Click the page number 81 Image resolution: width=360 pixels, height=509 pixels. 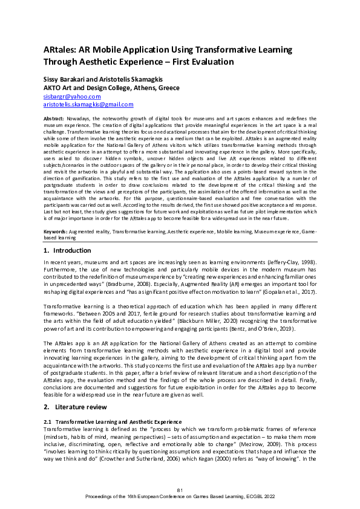click(180, 489)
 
